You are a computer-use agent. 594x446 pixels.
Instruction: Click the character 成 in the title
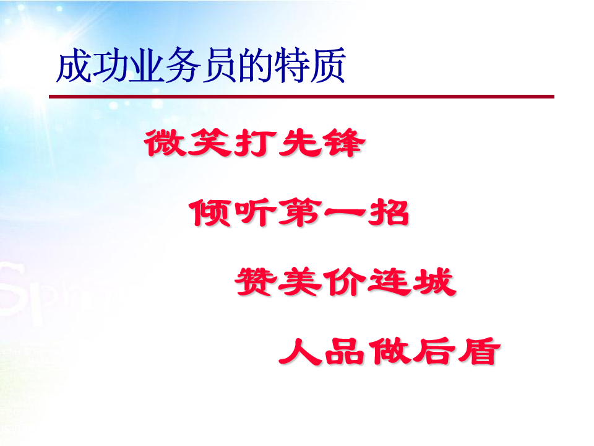pos(74,65)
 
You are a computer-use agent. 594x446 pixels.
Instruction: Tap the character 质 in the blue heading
pos(327,65)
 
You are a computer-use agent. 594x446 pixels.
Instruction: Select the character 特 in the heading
pos(291,65)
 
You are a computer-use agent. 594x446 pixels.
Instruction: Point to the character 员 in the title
pos(219,65)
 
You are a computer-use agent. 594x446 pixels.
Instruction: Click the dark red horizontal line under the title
pos(301,97)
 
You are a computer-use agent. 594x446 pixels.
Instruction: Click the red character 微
pos(166,142)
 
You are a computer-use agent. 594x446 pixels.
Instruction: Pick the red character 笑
pos(210,142)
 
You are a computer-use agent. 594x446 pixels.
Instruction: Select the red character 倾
pos(210,212)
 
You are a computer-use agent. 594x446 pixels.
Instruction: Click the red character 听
pos(254,212)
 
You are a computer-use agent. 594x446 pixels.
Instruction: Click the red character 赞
pos(256,281)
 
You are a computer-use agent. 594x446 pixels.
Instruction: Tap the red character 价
pos(345,281)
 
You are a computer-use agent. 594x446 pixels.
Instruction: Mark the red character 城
pos(434,281)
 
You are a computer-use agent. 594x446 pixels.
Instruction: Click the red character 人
pos(300,351)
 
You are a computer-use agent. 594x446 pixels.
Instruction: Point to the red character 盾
pos(479,351)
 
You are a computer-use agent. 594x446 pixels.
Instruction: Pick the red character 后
pos(434,351)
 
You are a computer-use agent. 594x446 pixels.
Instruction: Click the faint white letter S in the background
pos(12,290)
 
